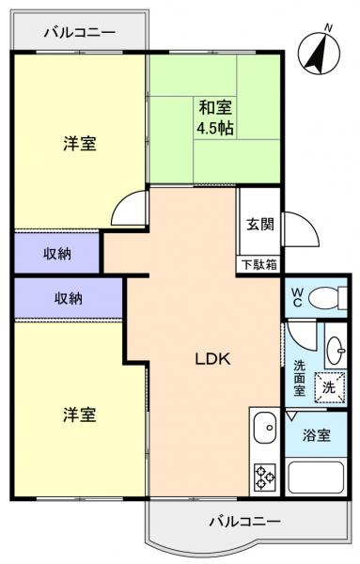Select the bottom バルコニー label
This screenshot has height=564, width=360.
[x=244, y=520]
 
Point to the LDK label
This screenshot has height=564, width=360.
[x=213, y=358]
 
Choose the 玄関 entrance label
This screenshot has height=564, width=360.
[x=260, y=225]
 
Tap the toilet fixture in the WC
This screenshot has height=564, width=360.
[x=324, y=299]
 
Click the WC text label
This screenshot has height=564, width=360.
[x=296, y=298]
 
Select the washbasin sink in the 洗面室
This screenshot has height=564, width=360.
[x=336, y=351]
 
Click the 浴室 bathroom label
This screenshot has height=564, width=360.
[x=317, y=436]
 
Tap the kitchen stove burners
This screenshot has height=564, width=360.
[x=264, y=478]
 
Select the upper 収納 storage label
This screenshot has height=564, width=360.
[x=56, y=252]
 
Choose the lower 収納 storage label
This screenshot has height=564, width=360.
[x=68, y=298]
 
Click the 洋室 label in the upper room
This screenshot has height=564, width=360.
[x=79, y=144]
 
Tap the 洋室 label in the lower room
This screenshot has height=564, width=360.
[x=79, y=414]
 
